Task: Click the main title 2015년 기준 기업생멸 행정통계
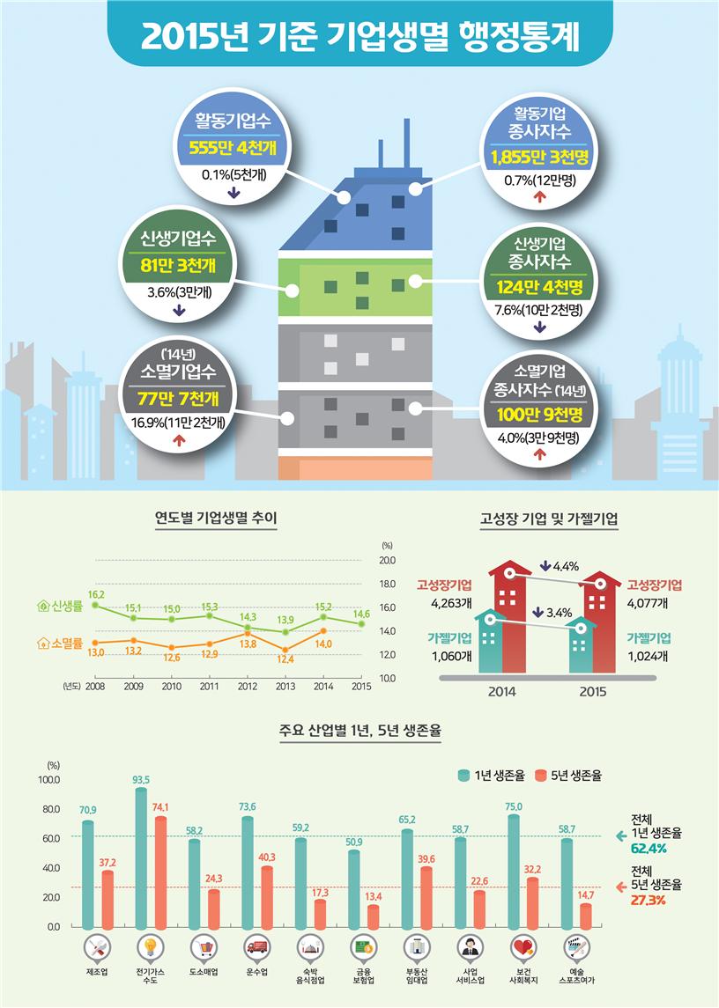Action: pos(359,36)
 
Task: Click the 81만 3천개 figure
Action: pos(178,266)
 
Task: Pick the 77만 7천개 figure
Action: pos(178,399)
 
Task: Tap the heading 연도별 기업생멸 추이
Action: pos(215,519)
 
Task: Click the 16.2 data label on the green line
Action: pos(96,595)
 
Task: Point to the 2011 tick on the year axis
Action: pos(210,687)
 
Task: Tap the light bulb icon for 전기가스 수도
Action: pos(151,949)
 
